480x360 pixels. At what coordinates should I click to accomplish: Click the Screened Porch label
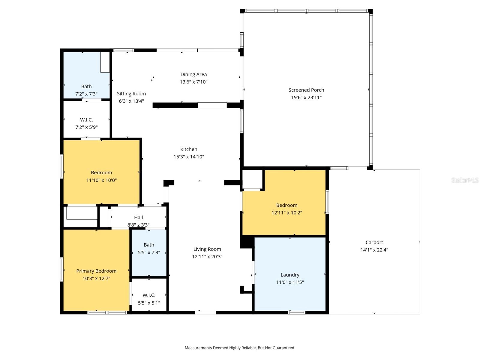point(306,90)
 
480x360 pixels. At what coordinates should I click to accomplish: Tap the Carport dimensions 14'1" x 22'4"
point(374,250)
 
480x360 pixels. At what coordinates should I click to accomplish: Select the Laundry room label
point(290,275)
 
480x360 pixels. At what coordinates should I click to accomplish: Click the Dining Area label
point(193,74)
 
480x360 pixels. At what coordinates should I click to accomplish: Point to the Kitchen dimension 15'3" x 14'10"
point(189,157)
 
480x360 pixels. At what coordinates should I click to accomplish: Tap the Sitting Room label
point(131,94)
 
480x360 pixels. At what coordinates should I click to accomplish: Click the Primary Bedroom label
point(96,271)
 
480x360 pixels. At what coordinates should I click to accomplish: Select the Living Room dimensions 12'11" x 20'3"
point(207,256)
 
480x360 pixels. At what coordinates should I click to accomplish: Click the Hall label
point(138,217)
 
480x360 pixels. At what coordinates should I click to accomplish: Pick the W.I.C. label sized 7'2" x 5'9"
point(86,120)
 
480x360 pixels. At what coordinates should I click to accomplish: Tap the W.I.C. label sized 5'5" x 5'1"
point(149,295)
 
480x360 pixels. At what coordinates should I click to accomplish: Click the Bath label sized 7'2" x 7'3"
point(86,86)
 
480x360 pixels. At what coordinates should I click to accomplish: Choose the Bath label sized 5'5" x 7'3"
point(149,245)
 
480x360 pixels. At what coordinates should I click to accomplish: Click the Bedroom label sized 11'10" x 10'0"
point(101,172)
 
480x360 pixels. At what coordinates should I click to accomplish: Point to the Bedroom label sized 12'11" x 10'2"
point(286,205)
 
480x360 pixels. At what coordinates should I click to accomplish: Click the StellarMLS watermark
point(465,180)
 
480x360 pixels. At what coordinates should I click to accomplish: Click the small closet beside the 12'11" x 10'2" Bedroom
point(252,179)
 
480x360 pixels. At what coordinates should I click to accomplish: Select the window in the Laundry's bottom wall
point(297,313)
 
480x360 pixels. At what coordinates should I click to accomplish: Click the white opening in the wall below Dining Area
point(212,105)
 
